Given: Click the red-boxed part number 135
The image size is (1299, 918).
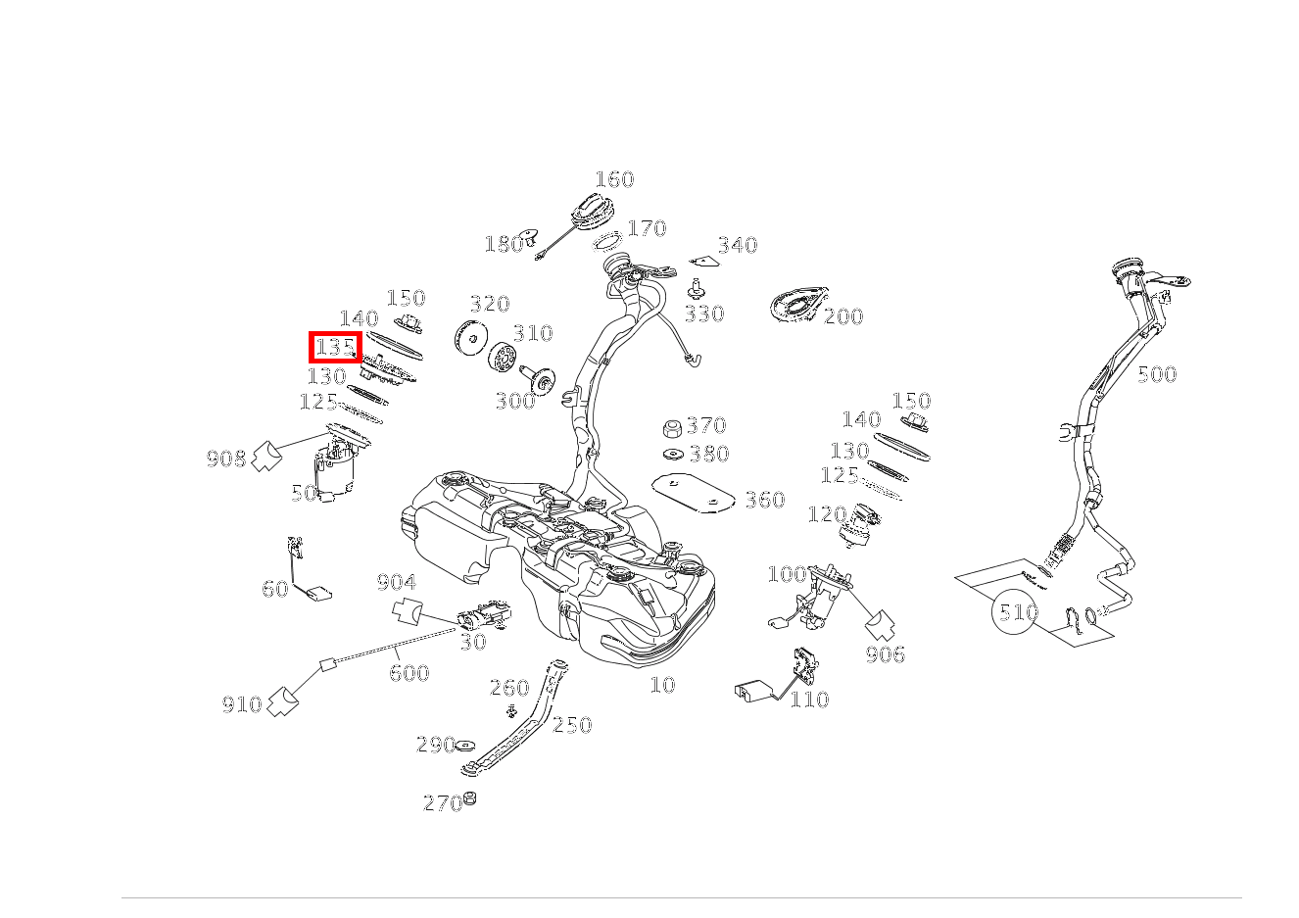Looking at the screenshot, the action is pos(335,348).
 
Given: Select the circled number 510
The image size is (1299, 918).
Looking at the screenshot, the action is pos(1014,611).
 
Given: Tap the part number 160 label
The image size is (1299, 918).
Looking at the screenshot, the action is pos(614,179).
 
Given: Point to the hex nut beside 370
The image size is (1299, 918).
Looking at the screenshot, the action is pos(671,428).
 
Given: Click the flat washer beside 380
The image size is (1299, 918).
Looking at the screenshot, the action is pos(673,454).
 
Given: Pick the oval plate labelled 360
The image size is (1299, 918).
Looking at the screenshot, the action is pos(694,494).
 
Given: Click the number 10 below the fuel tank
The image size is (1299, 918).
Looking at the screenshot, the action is pos(662,685).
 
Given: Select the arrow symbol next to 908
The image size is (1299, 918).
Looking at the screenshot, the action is pos(267,457).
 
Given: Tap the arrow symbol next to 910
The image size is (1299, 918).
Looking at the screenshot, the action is pos(283,701).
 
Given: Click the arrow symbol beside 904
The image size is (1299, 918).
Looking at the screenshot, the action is pos(409,610).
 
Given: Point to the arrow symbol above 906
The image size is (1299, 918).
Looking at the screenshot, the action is pos(881,624).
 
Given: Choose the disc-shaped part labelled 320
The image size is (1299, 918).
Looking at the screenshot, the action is pos(471,337).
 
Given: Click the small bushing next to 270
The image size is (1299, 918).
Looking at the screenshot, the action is pos(470,798).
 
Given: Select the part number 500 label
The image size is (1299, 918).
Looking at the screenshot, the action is pos(1157,374).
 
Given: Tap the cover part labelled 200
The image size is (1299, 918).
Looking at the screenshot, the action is pos(799,305).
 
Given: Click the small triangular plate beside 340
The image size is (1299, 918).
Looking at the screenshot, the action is pos(704,262).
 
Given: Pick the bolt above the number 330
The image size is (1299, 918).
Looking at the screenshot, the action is pos(696,289).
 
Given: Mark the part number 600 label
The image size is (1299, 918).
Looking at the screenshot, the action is pos(409,673).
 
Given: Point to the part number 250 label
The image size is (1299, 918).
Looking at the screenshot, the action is pos(572,725).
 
